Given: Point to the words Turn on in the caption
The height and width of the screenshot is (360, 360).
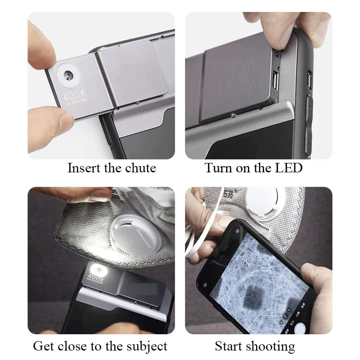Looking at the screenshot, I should [225, 168].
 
